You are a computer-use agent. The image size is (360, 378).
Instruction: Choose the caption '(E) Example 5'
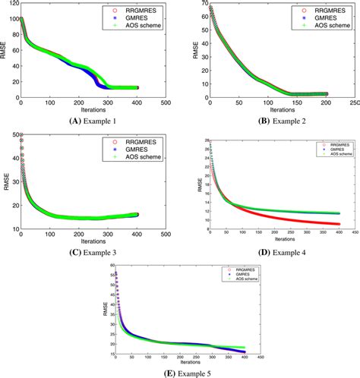click(x=180, y=372)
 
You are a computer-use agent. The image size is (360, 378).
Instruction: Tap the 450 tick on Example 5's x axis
click(x=259, y=356)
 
